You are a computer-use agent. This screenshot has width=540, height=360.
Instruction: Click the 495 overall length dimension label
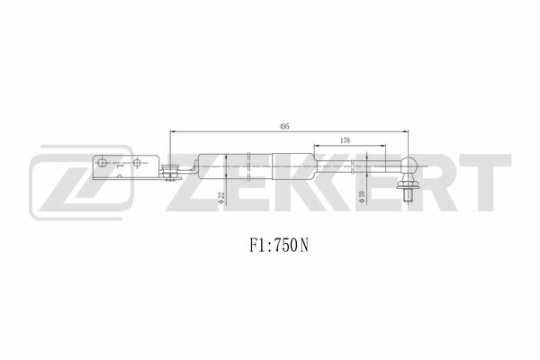[284, 126]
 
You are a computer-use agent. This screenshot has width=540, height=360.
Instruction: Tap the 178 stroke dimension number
[345, 140]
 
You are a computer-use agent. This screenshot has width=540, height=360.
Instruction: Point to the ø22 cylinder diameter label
[221, 198]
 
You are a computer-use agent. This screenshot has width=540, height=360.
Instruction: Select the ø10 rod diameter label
[361, 196]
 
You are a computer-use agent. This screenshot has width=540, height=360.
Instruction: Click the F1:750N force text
[279, 246]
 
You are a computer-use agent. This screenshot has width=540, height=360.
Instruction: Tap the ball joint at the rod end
[409, 165]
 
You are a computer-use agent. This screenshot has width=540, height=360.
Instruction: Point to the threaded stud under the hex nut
[408, 195]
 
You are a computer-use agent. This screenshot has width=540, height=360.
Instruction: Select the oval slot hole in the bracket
[102, 163]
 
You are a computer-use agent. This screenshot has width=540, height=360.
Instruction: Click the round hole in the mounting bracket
[137, 163]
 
